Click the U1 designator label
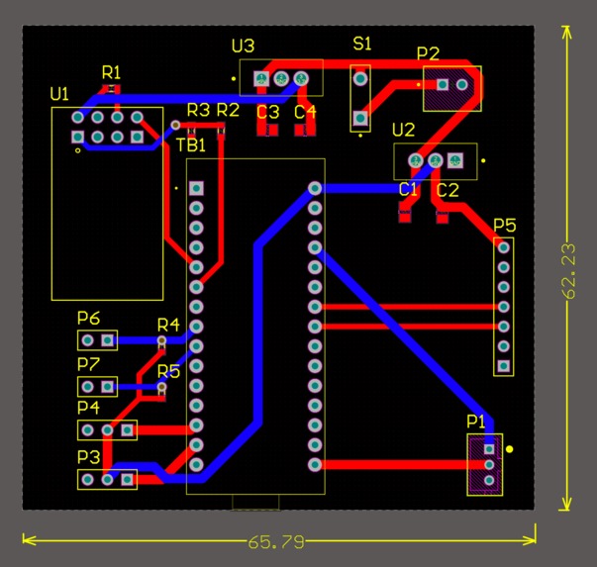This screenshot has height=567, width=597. point(59,94)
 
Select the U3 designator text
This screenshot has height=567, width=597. point(243,47)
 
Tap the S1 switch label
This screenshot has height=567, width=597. point(362,44)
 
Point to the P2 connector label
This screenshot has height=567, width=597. point(429,53)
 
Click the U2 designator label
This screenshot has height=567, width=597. point(403,131)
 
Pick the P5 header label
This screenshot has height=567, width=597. point(504,225)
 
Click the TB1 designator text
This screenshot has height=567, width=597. point(191,145)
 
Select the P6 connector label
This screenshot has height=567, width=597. point(88,318)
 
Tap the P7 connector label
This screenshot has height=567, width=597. point(88,364)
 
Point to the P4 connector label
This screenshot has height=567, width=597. point(88,407)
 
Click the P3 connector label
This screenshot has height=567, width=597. point(88,457)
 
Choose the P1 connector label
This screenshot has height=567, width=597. point(476,422)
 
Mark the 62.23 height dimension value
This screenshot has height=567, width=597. point(568,270)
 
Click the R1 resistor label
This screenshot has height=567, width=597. point(111,72)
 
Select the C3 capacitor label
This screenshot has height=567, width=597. point(268,112)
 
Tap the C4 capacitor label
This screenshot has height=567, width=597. point(305,112)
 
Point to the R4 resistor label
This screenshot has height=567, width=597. point(168,325)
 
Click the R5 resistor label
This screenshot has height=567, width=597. point(168,372)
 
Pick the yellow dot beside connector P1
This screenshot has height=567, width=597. point(510,449)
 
